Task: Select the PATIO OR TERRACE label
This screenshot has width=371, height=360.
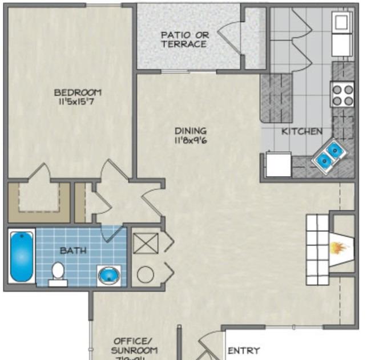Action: [x=184, y=39]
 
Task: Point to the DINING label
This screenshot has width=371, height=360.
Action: [x=191, y=131]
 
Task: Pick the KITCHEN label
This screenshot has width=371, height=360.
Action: [x=301, y=131]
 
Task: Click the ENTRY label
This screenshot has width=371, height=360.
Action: [x=244, y=350]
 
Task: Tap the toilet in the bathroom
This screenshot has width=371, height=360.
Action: [x=58, y=273]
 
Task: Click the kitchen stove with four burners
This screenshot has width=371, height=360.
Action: [x=342, y=95]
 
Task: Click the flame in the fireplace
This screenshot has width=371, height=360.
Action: [x=340, y=248]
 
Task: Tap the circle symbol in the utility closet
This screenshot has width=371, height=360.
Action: [x=145, y=274]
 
